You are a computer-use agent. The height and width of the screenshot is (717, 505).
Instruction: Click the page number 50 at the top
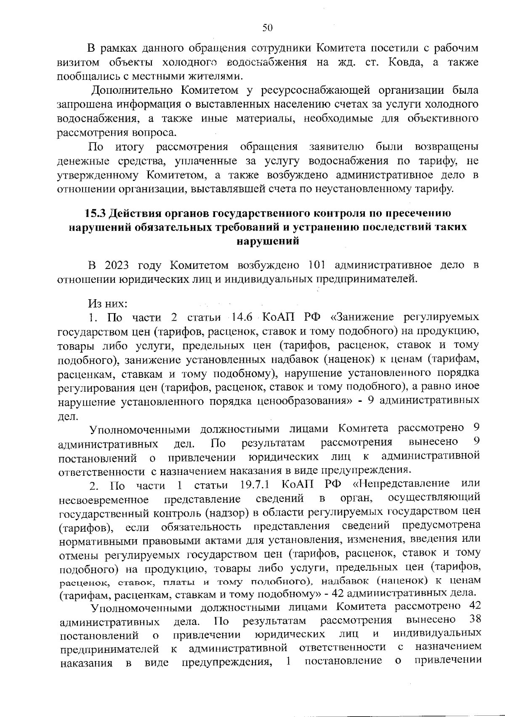(x=268, y=28)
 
